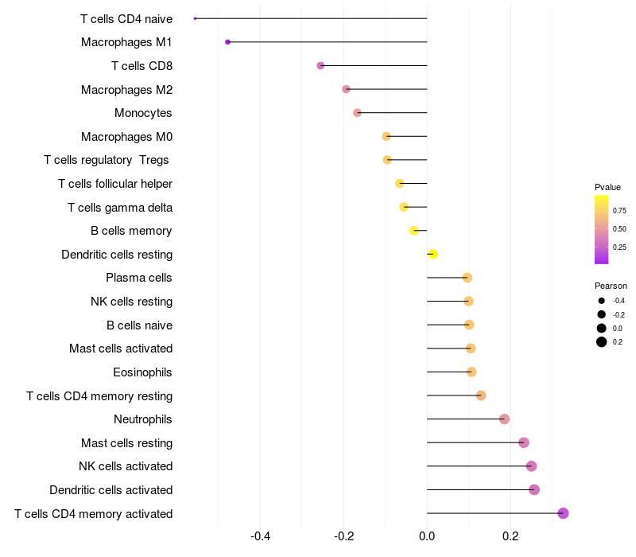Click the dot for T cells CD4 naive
195,18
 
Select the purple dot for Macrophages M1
227,42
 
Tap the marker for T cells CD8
320,65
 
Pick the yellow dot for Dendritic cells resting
432,254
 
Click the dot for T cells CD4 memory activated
563,513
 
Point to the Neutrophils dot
504,419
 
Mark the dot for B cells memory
413,231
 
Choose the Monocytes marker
357,112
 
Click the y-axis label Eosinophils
142,372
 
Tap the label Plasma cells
138,278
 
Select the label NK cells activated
126,466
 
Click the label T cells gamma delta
120,208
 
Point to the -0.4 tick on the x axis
261,536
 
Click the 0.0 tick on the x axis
427,536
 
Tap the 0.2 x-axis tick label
510,536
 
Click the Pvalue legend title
607,187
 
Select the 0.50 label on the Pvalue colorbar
619,229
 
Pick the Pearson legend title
611,286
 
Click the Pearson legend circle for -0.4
602,301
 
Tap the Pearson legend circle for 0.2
602,342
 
